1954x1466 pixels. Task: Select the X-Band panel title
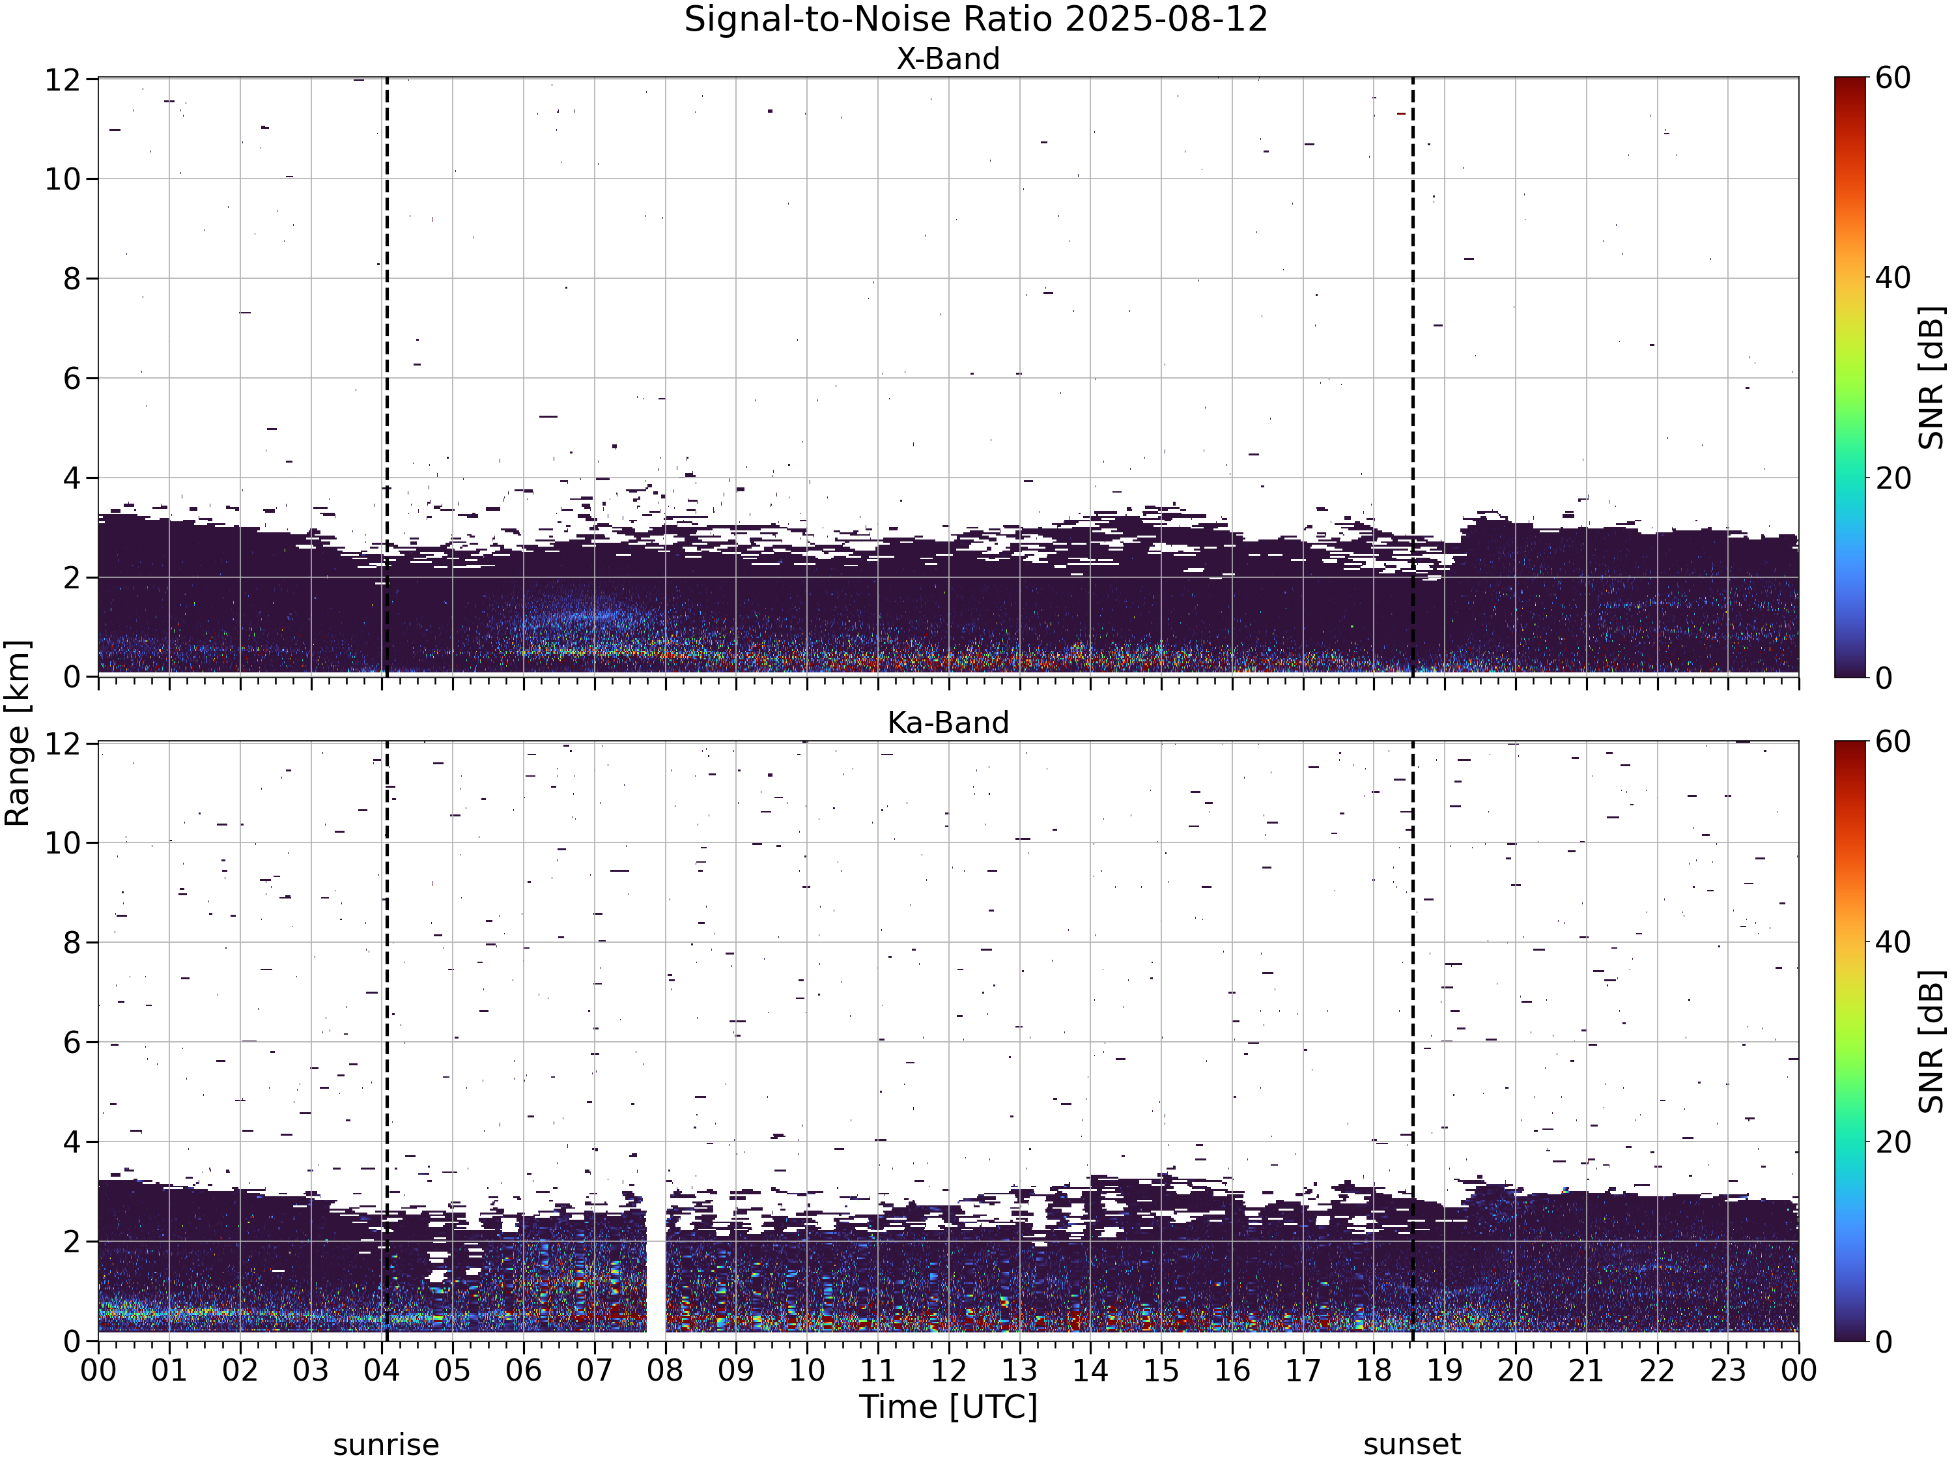click(948, 59)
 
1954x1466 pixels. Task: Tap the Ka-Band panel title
click(948, 722)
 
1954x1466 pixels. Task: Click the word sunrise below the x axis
click(386, 1444)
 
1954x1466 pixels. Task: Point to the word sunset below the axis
click(1411, 1444)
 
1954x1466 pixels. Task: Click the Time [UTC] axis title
click(948, 1406)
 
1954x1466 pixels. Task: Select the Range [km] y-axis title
click(18, 734)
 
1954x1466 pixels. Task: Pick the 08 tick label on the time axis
click(665, 1371)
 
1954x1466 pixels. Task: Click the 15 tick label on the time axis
click(1161, 1371)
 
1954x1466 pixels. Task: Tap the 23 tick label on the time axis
click(1728, 1371)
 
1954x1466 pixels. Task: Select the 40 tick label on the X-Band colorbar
click(1892, 278)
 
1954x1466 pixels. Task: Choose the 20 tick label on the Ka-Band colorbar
click(1892, 1142)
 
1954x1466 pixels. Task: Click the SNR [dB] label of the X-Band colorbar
click(1932, 377)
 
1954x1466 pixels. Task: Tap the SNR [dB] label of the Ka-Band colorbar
click(1932, 1041)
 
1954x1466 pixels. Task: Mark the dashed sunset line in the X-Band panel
click(1413, 377)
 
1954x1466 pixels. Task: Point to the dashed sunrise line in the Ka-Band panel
click(387, 1041)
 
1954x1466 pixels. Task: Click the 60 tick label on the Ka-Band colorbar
click(1892, 741)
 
